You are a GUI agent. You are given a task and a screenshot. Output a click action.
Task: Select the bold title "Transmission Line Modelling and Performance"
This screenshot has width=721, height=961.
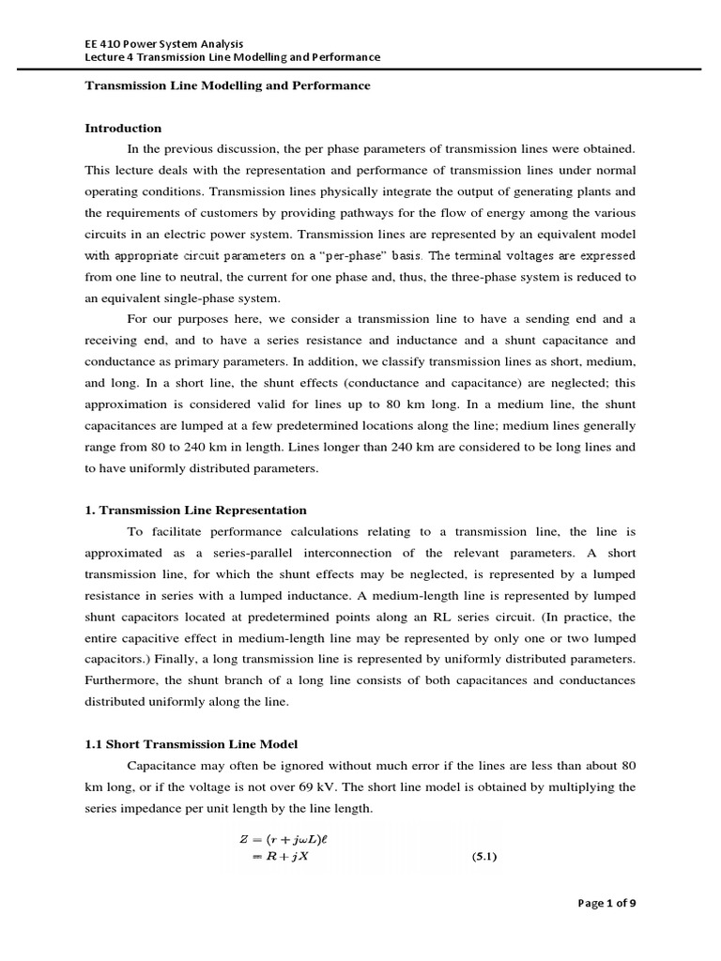tap(228, 85)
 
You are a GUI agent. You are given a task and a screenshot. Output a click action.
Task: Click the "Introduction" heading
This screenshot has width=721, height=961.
tap(123, 128)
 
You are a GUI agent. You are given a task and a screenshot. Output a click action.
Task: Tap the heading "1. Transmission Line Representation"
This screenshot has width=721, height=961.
tap(196, 510)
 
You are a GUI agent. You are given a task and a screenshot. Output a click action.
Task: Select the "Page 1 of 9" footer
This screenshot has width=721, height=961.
tap(606, 904)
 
